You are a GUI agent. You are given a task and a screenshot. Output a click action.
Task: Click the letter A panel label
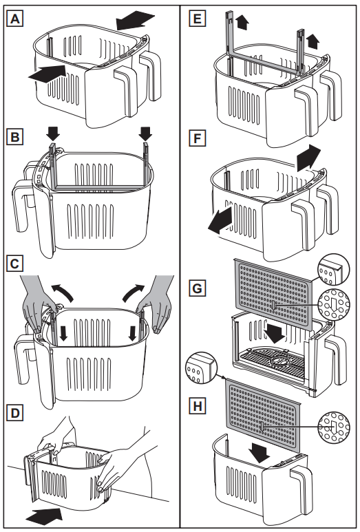click(14, 19)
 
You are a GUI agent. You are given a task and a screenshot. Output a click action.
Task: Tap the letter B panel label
click(14, 138)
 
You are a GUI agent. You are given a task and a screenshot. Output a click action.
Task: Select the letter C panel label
click(14, 264)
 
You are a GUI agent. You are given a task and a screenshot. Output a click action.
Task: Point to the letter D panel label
click(14, 412)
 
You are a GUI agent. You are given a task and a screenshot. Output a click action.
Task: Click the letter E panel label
click(197, 19)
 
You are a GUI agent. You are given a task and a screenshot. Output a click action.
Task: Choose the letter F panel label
click(197, 138)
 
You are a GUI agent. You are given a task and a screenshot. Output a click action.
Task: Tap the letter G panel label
click(197, 288)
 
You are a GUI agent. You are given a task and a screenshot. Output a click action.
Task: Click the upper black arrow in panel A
click(135, 20)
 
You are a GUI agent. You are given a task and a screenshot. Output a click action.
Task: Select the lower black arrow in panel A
click(47, 74)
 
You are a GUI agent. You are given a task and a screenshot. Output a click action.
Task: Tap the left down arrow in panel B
click(53, 133)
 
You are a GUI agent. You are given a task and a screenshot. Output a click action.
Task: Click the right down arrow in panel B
click(145, 133)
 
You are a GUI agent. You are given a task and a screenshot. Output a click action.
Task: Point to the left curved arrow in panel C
click(62, 292)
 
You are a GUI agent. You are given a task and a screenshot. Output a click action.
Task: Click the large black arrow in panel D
click(44, 516)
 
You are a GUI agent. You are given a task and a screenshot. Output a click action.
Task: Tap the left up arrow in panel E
click(242, 23)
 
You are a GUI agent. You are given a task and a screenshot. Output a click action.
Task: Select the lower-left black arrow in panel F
click(220, 220)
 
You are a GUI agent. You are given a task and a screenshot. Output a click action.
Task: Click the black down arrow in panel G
click(274, 332)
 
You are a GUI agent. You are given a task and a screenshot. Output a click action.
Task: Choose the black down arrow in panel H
click(260, 453)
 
